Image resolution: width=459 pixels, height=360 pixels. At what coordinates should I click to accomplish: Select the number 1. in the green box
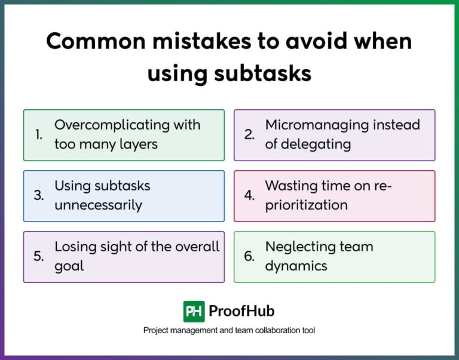click(39, 135)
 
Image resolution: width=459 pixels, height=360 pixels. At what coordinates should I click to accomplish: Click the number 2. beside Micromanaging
click(250, 135)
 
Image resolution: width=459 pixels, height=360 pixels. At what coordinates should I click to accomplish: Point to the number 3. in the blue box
click(39, 196)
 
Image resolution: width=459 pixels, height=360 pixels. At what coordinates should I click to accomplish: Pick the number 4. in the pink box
click(250, 196)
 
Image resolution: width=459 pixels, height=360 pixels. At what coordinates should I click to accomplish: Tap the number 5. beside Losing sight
click(39, 257)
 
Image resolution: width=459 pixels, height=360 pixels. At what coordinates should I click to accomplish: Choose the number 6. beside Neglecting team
click(250, 257)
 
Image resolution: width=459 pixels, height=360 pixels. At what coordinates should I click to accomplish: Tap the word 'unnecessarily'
click(98, 205)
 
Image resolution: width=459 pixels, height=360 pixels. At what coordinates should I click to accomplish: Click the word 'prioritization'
click(306, 205)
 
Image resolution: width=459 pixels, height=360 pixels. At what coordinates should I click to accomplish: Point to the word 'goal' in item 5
click(69, 266)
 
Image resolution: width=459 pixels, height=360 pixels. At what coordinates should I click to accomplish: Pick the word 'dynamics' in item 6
click(296, 266)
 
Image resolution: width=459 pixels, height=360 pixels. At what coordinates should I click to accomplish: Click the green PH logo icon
click(194, 312)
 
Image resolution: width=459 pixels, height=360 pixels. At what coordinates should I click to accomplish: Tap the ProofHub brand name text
click(241, 312)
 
